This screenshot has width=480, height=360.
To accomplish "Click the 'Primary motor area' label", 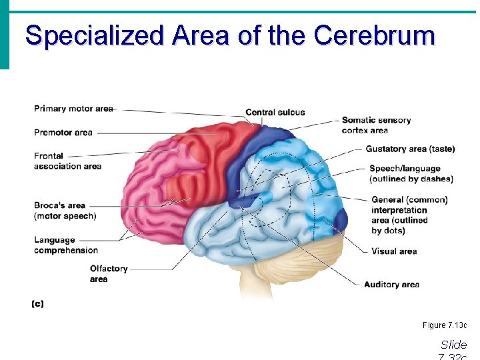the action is coord(73,109).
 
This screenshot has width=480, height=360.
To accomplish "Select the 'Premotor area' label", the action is coord(63,133).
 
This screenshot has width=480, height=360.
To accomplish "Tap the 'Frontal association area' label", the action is coord(67,161).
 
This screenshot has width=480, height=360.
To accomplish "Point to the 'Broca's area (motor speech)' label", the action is coord(65,210).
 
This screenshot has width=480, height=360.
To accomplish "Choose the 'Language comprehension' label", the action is coord(66,245).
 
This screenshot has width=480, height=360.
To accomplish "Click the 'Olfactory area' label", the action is coord(108,273).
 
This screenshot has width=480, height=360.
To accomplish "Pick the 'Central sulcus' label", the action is coord(275,112).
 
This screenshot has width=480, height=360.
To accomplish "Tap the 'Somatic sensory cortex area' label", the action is coord(376,125).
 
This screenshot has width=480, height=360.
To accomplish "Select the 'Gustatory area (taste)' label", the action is coord(410,149).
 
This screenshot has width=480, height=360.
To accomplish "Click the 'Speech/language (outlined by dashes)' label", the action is coord(411,173).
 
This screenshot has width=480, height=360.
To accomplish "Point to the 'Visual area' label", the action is coord(394,251).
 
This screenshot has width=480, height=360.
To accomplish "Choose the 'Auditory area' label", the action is coord(391,285).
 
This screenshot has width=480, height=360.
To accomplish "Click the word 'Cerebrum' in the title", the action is coord(374,35).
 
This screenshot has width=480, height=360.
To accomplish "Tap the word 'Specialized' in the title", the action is coord(93,35).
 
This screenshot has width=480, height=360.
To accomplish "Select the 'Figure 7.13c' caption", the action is coord(445,325).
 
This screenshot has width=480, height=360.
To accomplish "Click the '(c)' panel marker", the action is coord(37,303).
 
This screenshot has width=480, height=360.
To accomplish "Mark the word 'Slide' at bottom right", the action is coord(453,345).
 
